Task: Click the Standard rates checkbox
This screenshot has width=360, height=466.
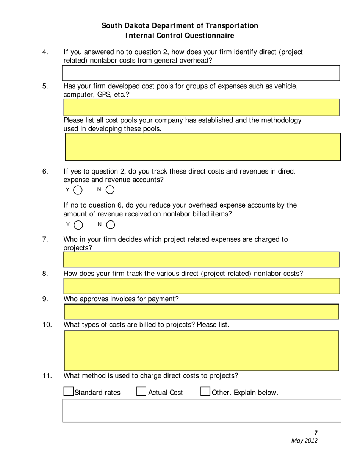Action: pyautogui.click(x=69, y=392)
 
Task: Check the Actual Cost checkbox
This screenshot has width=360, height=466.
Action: pyautogui.click(x=141, y=392)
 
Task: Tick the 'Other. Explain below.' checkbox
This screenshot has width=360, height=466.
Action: pyautogui.click(x=205, y=392)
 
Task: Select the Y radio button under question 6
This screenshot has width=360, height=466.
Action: pyautogui.click(x=78, y=189)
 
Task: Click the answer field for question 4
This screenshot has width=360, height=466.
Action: pyautogui.click(x=201, y=73)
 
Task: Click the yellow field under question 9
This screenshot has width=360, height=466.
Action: pyautogui.click(x=201, y=311)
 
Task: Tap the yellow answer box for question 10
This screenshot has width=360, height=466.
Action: pyautogui.click(x=201, y=350)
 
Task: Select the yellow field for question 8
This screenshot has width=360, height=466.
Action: pyautogui.click(x=201, y=286)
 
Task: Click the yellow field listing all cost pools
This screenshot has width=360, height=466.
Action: pyautogui.click(x=203, y=147)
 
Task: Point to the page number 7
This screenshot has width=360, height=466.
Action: pyautogui.click(x=316, y=433)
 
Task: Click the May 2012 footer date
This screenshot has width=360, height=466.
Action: pyautogui.click(x=304, y=441)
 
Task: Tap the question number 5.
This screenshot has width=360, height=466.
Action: pyautogui.click(x=45, y=86)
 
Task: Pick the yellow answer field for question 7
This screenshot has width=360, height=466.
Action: pyautogui.click(x=201, y=260)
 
